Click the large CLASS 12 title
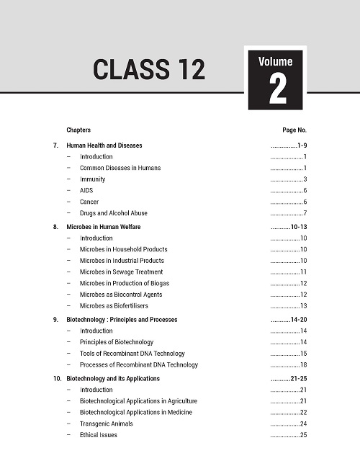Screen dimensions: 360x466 (x=149, y=69)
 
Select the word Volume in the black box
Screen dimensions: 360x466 (x=277, y=62)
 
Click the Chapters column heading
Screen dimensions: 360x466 (x=78, y=130)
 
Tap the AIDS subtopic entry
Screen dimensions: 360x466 (x=87, y=191)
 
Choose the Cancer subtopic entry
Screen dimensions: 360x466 (x=89, y=202)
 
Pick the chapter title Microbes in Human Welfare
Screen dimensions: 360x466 (x=107, y=226)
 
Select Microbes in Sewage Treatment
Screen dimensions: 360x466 (x=122, y=272)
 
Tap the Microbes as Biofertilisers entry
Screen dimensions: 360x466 (x=117, y=306)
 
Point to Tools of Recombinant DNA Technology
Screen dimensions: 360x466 (x=132, y=354)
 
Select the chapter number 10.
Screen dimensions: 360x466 (x=57, y=378)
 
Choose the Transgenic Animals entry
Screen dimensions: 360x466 (x=107, y=424)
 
